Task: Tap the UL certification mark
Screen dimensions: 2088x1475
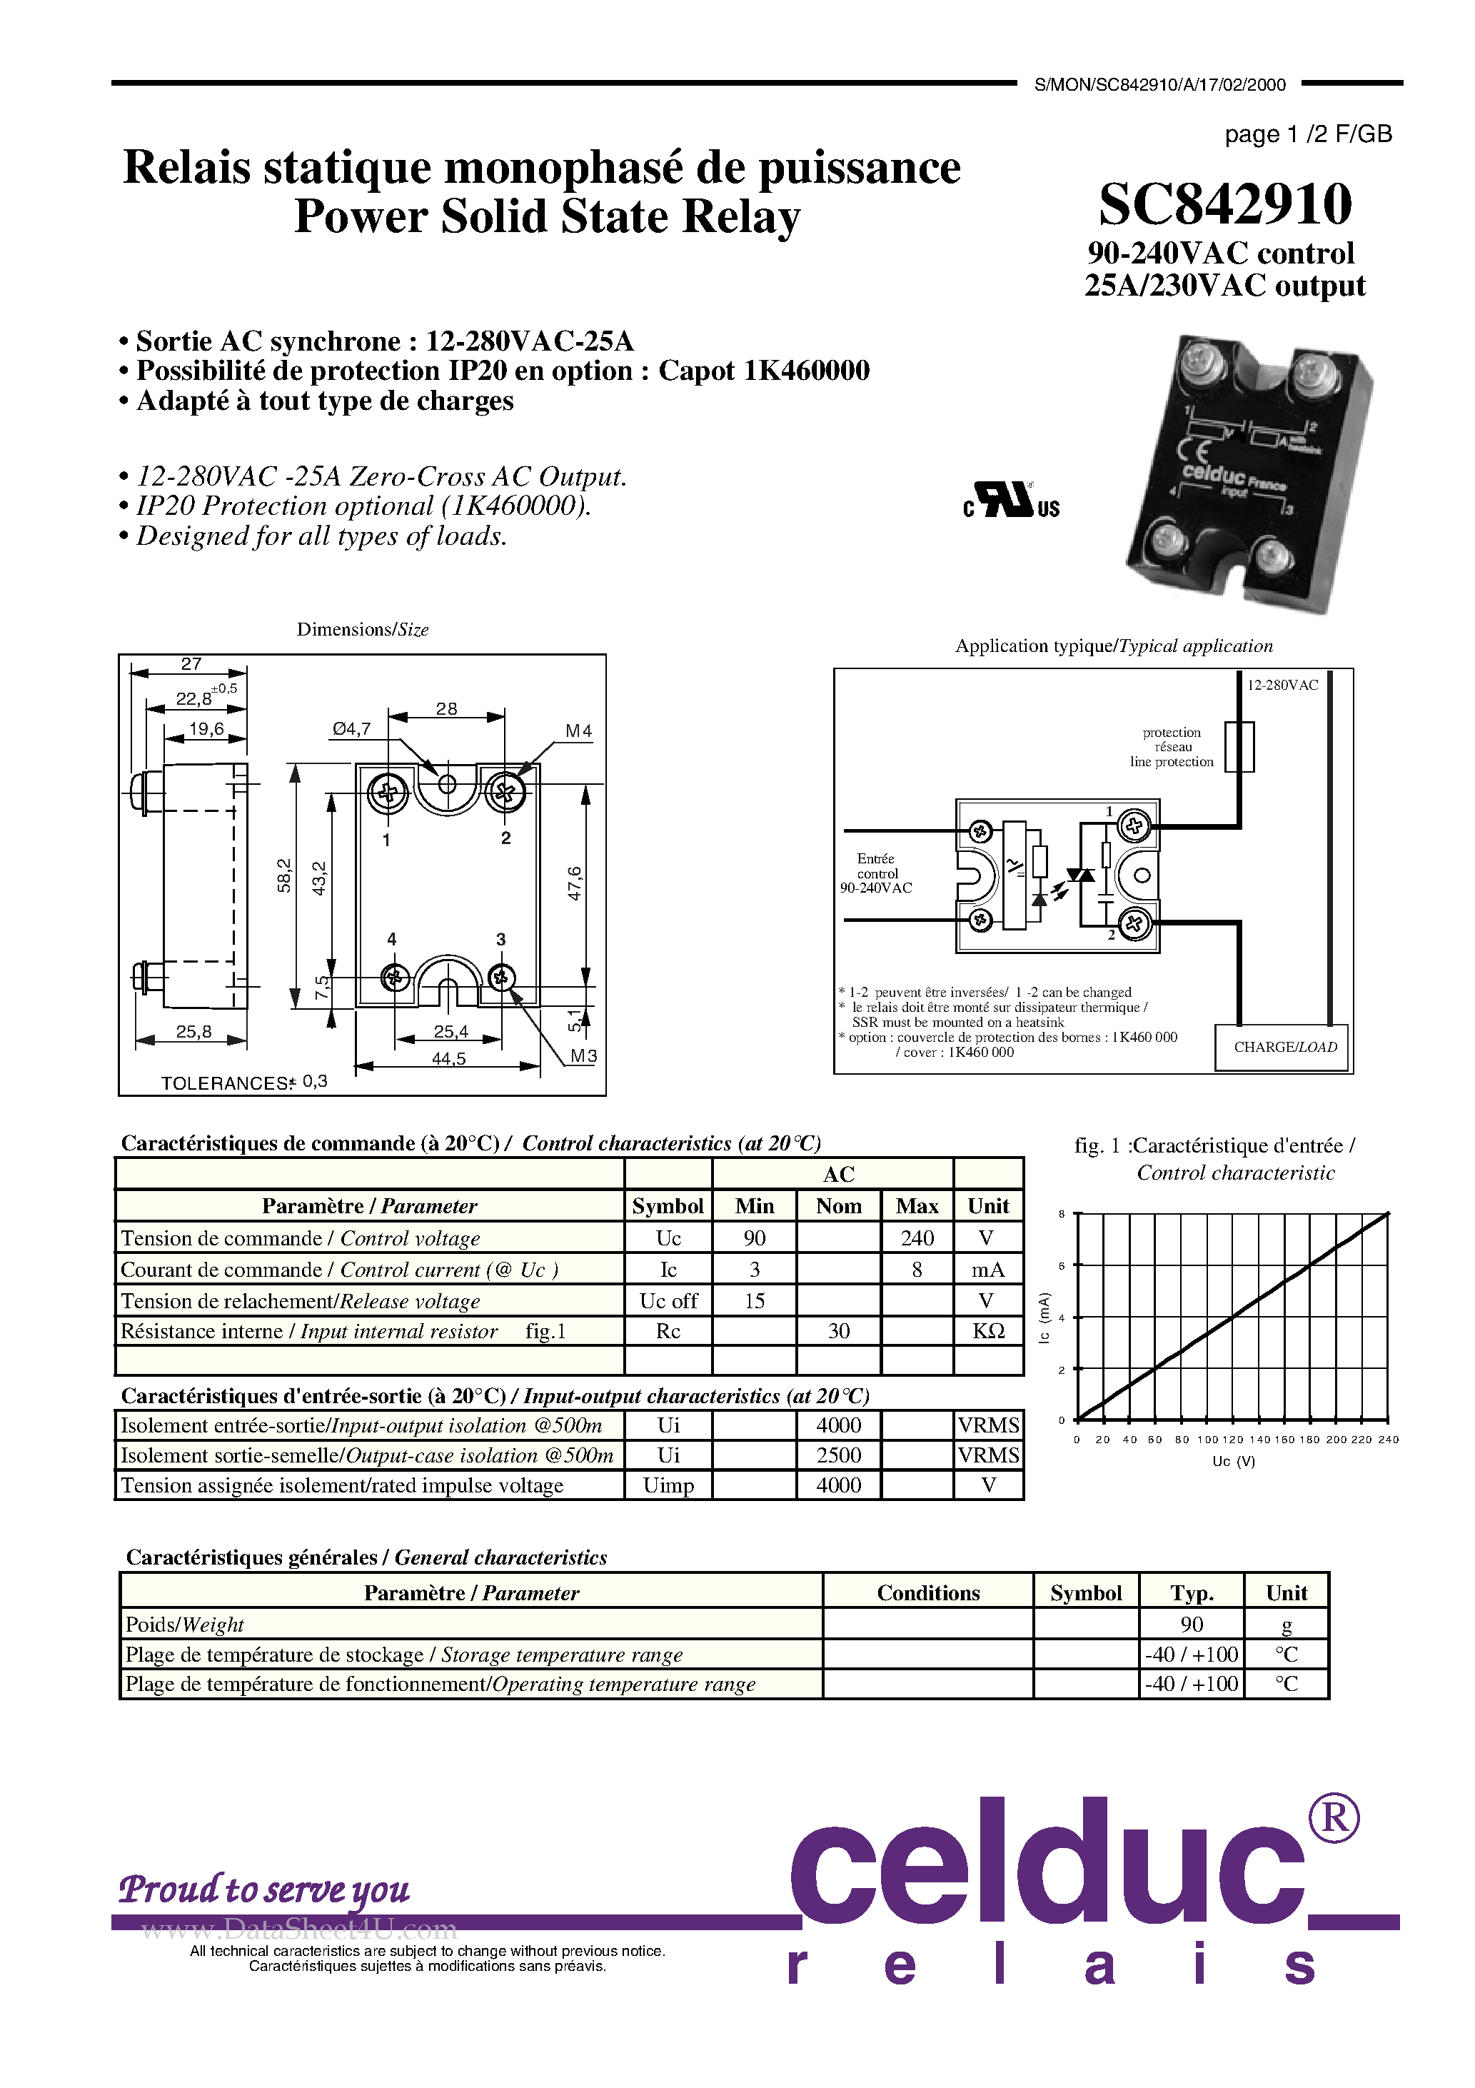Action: click(1011, 500)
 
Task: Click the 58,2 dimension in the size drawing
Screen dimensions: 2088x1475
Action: click(283, 875)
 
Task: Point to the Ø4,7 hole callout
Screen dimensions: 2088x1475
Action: click(351, 728)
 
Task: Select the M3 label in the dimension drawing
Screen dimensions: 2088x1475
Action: click(583, 1056)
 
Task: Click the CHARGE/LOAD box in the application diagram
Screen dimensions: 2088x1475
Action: click(1284, 1048)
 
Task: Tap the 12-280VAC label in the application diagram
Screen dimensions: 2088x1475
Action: click(1282, 686)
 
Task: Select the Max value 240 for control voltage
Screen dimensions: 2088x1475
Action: click(917, 1238)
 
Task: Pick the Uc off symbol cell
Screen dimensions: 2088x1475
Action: click(668, 1301)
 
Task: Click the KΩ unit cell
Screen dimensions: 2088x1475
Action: click(989, 1331)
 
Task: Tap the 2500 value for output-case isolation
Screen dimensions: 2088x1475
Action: click(838, 1455)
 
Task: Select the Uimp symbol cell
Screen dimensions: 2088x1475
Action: click(668, 1485)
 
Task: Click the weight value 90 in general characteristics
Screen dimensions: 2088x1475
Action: click(1192, 1625)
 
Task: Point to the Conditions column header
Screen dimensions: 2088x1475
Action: click(927, 1593)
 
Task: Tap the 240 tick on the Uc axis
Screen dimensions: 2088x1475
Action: click(1388, 1440)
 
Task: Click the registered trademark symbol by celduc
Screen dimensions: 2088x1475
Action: click(1333, 1818)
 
